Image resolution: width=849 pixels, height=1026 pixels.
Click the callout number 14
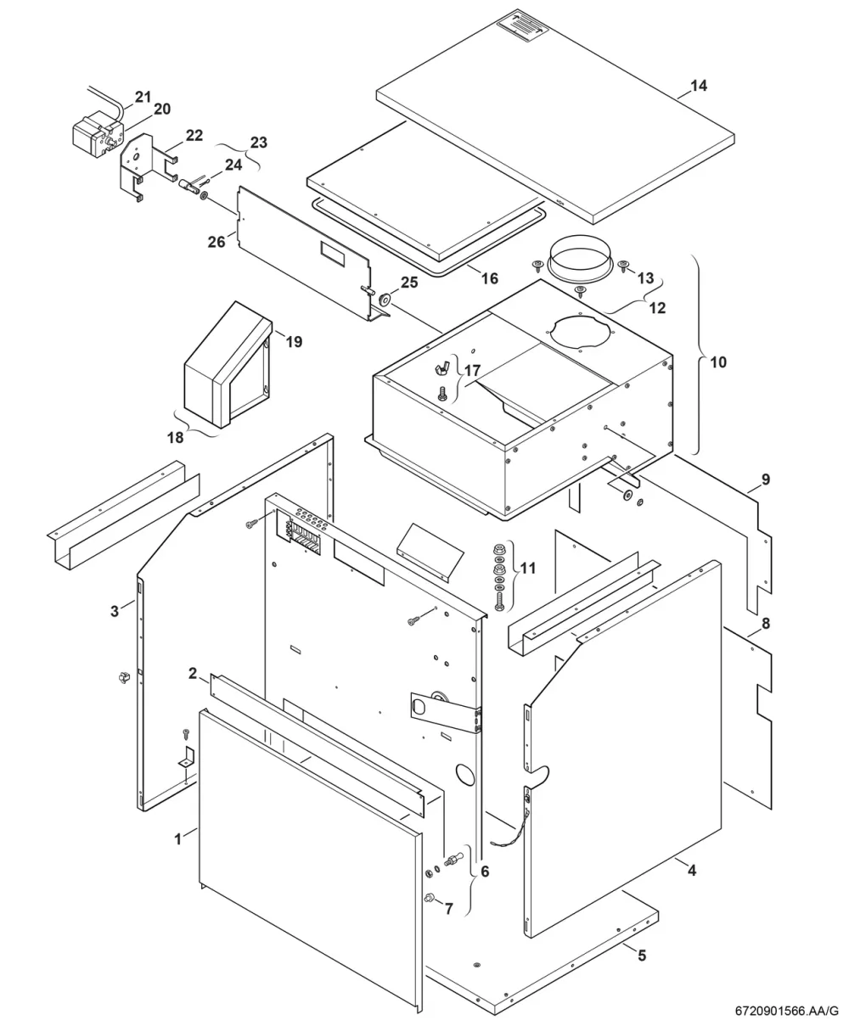tap(699, 86)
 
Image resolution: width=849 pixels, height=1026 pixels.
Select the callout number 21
tap(143, 97)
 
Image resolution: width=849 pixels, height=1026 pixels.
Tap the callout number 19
tap(294, 341)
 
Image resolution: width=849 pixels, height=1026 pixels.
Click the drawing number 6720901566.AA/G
tap(786, 1012)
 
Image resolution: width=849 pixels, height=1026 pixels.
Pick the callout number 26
tap(216, 242)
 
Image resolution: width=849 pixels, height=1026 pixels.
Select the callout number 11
tap(527, 568)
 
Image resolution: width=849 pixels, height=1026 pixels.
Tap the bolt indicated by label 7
tap(428, 898)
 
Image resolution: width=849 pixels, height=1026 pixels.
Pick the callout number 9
tap(766, 479)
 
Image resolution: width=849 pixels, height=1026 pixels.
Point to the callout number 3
tap(115, 611)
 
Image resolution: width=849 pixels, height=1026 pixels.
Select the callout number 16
tap(490, 278)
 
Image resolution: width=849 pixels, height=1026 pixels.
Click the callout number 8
tap(766, 624)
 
